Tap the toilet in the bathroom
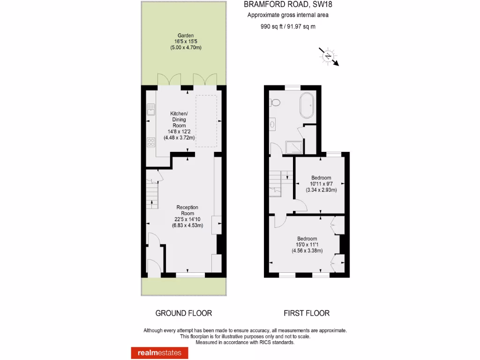point(275,102)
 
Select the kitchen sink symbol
point(150,110)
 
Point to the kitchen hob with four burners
point(150,142)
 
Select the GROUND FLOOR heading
point(184,313)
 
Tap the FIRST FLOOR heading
point(307,313)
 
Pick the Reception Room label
point(187,210)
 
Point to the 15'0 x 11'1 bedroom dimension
point(307,244)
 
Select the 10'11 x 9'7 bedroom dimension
point(321,184)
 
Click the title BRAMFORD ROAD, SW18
point(288,5)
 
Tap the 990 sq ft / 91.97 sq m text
point(288,27)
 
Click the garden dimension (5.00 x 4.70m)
point(185,48)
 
